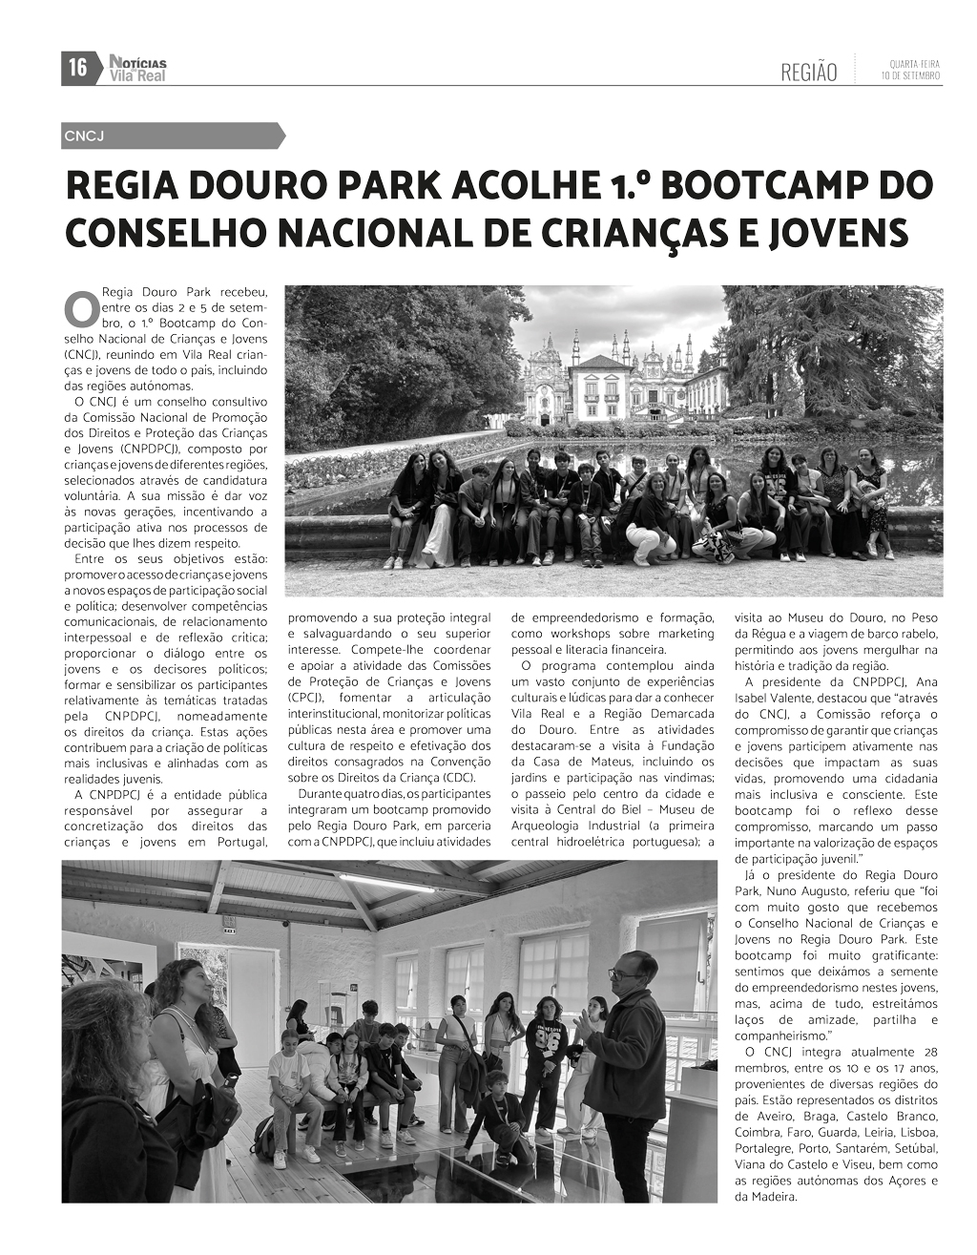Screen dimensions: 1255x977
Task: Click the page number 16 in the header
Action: pos(77,68)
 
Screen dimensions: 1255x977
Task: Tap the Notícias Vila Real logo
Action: pos(136,68)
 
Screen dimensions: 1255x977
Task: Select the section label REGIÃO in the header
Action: pos(808,73)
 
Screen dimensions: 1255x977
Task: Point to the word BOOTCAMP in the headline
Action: pos(750,186)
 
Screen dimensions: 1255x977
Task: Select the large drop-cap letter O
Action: pos(80,309)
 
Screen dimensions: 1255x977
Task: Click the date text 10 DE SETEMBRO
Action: pos(910,75)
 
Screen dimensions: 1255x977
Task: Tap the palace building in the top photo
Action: pos(621,382)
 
